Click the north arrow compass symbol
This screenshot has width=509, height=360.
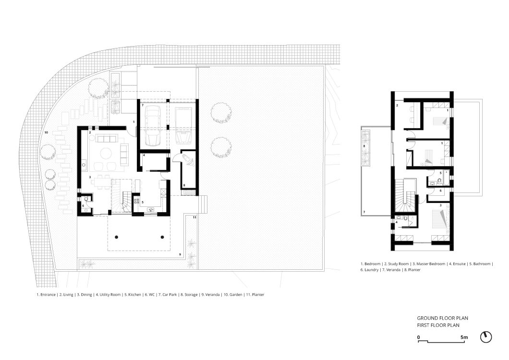coord(486,337)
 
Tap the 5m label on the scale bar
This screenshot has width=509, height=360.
coord(464,337)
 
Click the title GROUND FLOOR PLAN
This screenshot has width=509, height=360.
coord(442,318)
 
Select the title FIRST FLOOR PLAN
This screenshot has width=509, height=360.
coord(438,325)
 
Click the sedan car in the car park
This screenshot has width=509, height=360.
coord(153,125)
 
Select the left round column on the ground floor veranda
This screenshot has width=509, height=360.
coord(116,237)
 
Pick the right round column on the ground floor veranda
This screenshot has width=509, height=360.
coord(162,237)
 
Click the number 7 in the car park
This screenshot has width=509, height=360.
coord(142,105)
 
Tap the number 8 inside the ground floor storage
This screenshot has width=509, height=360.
coord(184,185)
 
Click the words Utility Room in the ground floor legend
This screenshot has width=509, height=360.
coord(110,295)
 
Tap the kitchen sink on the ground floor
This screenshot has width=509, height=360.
coord(151,210)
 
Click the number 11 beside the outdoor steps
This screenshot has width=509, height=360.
coord(194,217)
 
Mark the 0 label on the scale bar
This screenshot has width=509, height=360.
coord(419,337)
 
